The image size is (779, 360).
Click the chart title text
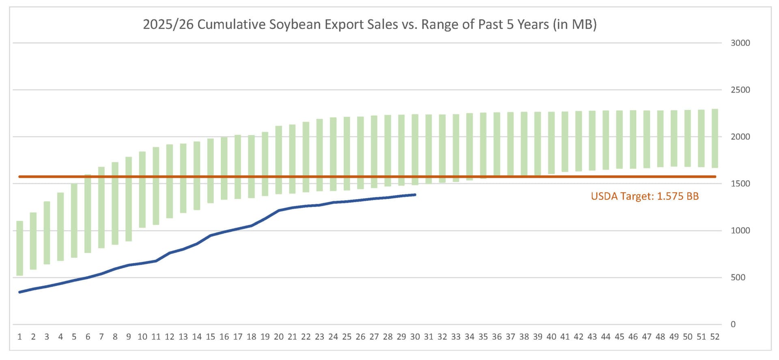[x=370, y=24]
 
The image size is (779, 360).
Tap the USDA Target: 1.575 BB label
[x=644, y=196]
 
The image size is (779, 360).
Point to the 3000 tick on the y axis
[x=740, y=43]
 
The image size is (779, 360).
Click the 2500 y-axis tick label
[x=740, y=90]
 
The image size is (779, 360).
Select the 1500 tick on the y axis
[x=740, y=183]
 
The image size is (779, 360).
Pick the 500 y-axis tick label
[x=738, y=278]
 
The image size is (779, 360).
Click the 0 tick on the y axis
[x=733, y=324]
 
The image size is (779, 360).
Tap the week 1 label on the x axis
[x=19, y=337]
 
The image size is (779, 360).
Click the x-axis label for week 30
[x=415, y=337]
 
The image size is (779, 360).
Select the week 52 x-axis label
[x=714, y=337]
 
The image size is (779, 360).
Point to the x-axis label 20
[x=278, y=337]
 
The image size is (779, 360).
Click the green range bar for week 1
[x=19, y=248]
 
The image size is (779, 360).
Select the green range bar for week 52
[x=714, y=138]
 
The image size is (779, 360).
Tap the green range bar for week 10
[x=142, y=190]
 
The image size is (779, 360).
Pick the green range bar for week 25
[x=347, y=153]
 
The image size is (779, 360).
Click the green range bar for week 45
[x=619, y=140]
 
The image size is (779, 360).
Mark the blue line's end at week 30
[x=415, y=195]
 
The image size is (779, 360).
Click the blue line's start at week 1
[x=19, y=292]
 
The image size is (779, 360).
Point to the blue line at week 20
[x=278, y=211]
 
